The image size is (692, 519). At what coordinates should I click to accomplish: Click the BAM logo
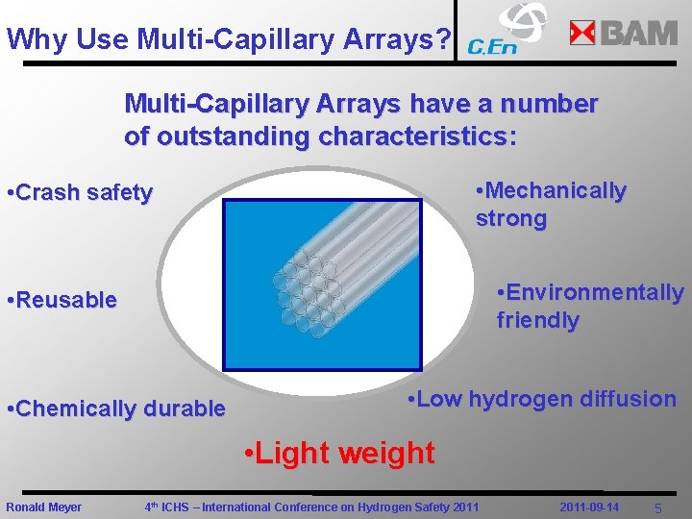click(x=624, y=33)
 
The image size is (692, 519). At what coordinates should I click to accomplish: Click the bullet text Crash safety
click(x=80, y=193)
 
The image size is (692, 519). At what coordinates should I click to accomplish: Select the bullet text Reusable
click(x=62, y=300)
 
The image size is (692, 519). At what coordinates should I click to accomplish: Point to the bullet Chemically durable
click(x=116, y=408)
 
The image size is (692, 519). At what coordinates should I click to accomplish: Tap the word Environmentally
click(x=590, y=292)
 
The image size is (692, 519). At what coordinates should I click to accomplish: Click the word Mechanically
click(x=552, y=191)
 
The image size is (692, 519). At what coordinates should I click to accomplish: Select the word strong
click(x=511, y=218)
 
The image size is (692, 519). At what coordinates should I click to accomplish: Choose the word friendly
click(x=537, y=320)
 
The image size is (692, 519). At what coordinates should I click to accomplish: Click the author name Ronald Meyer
click(x=44, y=507)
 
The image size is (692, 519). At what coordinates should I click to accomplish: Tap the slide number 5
click(x=658, y=507)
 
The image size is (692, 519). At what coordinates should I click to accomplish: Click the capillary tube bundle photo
click(x=322, y=285)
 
